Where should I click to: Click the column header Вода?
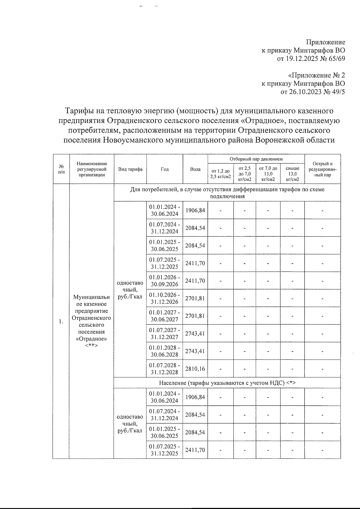tap(195, 169)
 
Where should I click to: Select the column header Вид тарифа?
tap(130, 169)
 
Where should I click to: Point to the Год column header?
tap(165, 169)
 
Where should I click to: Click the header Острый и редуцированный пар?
tap(322, 169)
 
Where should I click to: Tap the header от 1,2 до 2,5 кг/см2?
tap(220, 174)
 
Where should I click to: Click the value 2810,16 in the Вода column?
tap(195, 369)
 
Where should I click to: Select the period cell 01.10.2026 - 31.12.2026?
tap(164, 298)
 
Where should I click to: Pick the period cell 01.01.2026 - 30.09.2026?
tap(164, 281)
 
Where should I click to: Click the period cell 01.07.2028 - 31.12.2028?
tap(164, 369)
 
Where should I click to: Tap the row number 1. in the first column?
tap(61, 322)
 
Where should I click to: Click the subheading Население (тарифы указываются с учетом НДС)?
tap(227, 383)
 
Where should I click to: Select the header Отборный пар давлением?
tap(256, 159)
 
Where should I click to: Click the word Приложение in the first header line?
tap(325, 42)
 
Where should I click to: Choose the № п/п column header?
tap(61, 169)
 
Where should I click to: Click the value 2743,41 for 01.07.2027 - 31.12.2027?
tap(195, 334)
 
